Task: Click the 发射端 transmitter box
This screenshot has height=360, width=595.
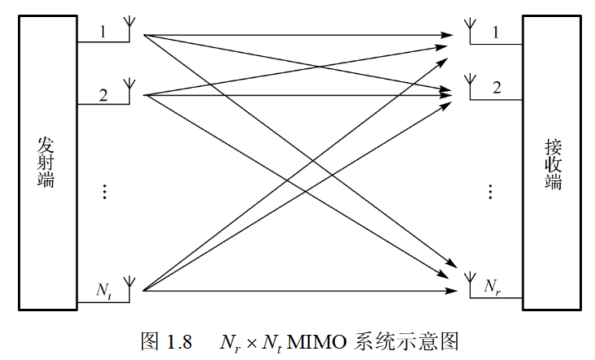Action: [46, 162]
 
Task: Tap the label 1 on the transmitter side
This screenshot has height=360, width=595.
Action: [102, 32]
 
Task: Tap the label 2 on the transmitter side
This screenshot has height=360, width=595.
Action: [103, 94]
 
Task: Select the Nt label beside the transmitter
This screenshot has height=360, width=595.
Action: [104, 289]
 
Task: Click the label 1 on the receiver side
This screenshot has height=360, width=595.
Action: [496, 32]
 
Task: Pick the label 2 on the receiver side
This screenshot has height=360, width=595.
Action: [496, 88]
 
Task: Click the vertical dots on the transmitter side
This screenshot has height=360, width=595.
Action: [104, 192]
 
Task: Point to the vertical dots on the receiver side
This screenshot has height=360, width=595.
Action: [490, 192]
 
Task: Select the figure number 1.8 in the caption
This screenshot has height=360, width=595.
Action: [179, 341]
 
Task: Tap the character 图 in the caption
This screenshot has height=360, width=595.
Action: [150, 341]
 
